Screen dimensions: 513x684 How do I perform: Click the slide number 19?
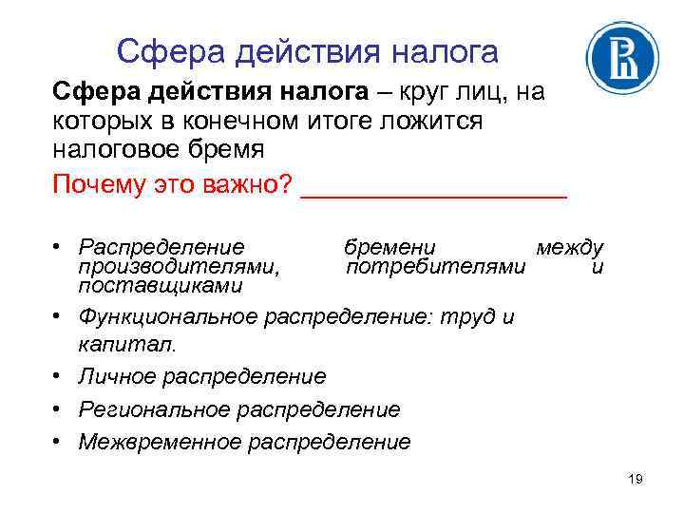coord(636,479)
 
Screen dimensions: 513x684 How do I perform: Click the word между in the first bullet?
coord(569,249)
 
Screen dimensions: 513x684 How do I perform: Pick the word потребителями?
coord(435,267)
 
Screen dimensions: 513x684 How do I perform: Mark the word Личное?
coord(118,376)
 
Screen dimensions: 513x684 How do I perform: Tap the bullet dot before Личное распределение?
coord(58,376)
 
